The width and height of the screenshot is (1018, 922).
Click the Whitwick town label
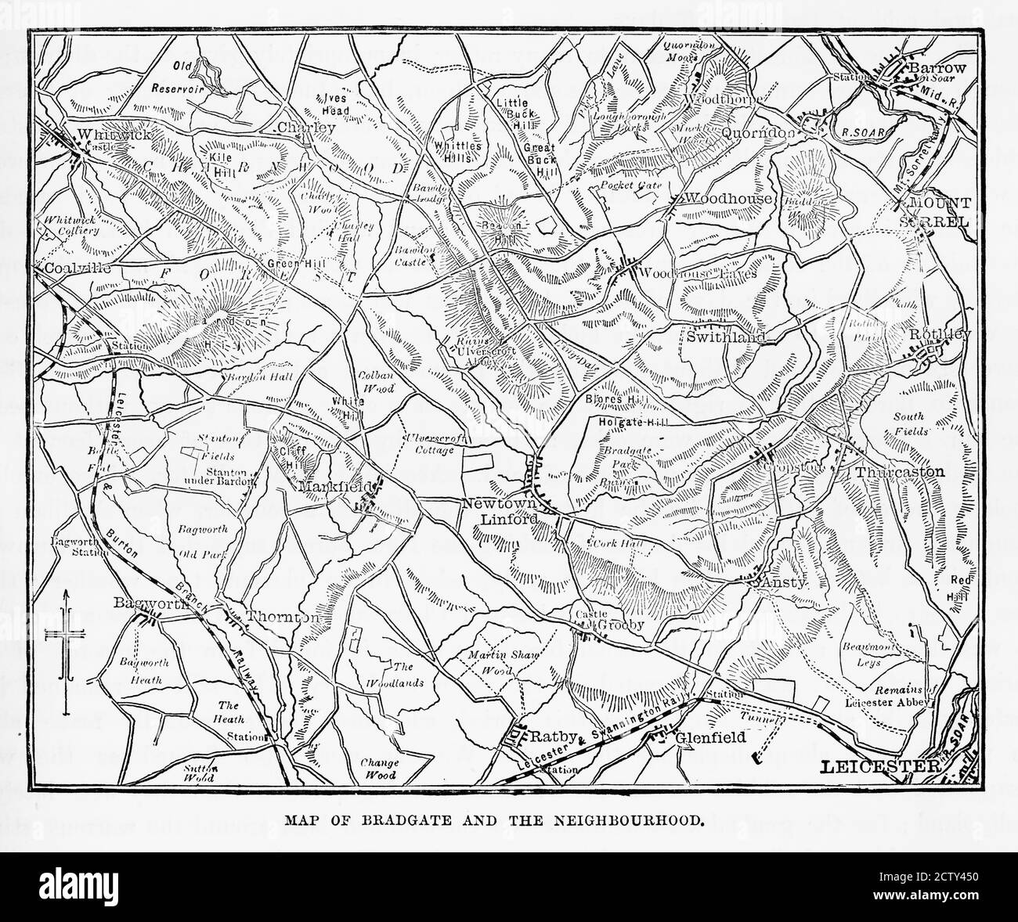tap(109, 135)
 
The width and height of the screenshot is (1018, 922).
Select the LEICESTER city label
tap(878, 766)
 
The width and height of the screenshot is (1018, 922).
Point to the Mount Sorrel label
tap(939, 211)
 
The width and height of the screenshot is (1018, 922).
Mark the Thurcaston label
tap(899, 472)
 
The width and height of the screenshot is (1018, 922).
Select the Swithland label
tap(724, 337)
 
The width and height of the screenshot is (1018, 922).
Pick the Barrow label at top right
tap(937, 69)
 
